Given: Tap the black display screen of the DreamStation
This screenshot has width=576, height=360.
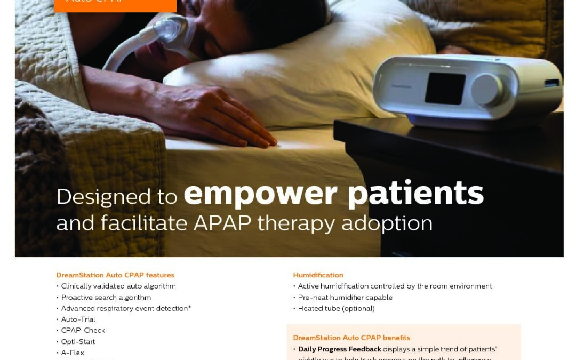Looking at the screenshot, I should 445,88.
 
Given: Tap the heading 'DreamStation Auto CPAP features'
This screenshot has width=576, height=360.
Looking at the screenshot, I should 115,275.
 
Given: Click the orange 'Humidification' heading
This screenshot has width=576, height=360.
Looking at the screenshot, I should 318,275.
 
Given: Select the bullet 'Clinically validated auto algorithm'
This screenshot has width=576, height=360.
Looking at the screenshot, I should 118,286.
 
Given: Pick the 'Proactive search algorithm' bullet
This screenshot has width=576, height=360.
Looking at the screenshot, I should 106,298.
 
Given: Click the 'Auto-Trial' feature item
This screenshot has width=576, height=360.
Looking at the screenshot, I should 78,319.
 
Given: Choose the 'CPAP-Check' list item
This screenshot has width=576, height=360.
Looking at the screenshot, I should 83,331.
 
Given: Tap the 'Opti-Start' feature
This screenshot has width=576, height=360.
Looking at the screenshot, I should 78,342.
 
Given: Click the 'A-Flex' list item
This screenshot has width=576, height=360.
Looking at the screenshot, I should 73,353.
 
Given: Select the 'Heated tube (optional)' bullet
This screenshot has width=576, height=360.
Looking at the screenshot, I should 336,309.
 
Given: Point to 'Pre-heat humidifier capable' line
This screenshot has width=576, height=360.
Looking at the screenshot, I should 345,298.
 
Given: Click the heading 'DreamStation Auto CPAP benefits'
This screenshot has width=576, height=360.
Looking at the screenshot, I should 351,338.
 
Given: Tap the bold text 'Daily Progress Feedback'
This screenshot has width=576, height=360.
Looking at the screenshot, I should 339,349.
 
